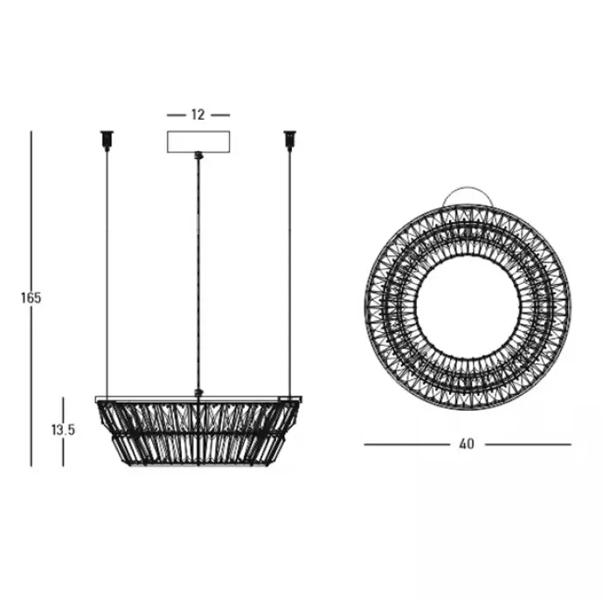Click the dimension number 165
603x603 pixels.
click(31, 298)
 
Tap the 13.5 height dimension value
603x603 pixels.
click(63, 430)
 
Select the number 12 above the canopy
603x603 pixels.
click(198, 114)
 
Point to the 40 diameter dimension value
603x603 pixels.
click(467, 444)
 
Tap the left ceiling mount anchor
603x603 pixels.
click(107, 141)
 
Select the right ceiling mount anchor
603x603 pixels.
click(290, 141)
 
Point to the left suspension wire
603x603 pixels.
click(107, 273)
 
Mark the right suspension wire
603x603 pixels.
click(290, 273)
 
